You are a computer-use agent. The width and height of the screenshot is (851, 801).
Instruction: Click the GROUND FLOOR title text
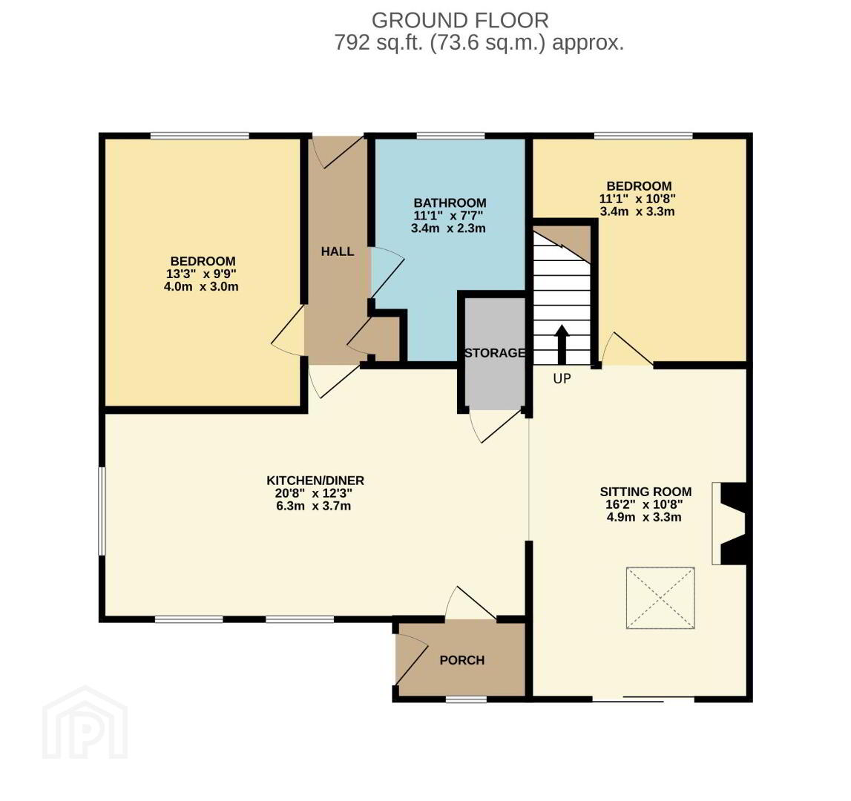pos(460,21)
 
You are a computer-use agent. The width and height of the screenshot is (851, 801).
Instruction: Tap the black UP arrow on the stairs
pos(562,345)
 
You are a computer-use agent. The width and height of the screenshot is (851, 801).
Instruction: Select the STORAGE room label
pos(495,353)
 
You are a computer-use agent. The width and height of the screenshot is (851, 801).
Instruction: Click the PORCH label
pos(462,660)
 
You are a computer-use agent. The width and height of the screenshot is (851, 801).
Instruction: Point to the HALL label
pos(337,251)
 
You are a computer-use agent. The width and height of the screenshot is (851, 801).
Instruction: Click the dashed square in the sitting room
pos(660,598)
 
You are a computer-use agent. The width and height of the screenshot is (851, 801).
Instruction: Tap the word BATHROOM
pos(450,203)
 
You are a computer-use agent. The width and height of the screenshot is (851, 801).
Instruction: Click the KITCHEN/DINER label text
pos(315,481)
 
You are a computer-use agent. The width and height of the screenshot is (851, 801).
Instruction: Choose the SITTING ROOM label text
pos(645,492)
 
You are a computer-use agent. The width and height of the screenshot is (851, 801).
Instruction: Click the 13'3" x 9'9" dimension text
pos(201,274)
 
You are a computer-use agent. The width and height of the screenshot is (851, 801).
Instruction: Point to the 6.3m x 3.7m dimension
pos(314,506)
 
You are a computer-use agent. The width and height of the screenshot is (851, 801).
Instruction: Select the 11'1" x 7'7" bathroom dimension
pos(448,216)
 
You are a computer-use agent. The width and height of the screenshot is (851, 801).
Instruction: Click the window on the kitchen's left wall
pos(102,511)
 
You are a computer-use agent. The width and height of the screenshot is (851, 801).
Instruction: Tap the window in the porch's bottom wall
pos(466,699)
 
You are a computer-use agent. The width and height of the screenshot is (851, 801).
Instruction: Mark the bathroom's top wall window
pos(450,135)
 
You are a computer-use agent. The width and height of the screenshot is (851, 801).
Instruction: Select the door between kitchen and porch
pos(470,603)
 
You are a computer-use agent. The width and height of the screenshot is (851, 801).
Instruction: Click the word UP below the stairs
pos(562,378)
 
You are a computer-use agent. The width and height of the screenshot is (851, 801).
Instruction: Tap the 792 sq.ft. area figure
pos(379,42)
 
